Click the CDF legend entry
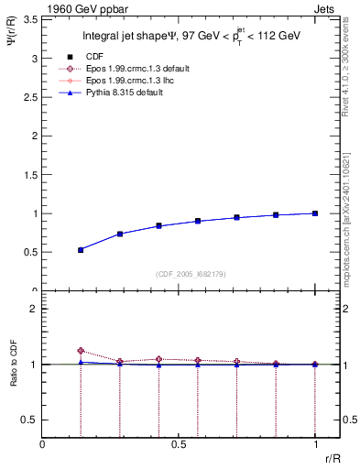[107, 56]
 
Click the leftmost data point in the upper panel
[81, 249]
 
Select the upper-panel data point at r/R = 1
[315, 213]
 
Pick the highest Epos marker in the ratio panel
[81, 351]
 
